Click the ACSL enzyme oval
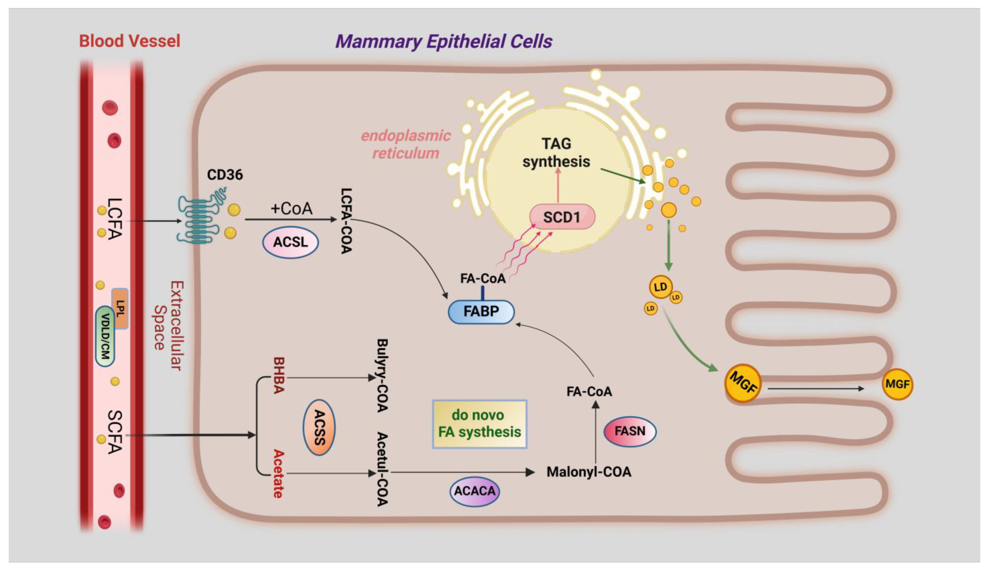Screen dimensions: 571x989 (x=290, y=242)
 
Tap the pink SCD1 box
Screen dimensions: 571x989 (x=562, y=217)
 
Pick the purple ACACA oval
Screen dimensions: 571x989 (x=475, y=491)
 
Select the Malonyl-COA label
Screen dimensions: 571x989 (x=589, y=472)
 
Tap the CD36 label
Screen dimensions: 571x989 (x=225, y=174)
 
